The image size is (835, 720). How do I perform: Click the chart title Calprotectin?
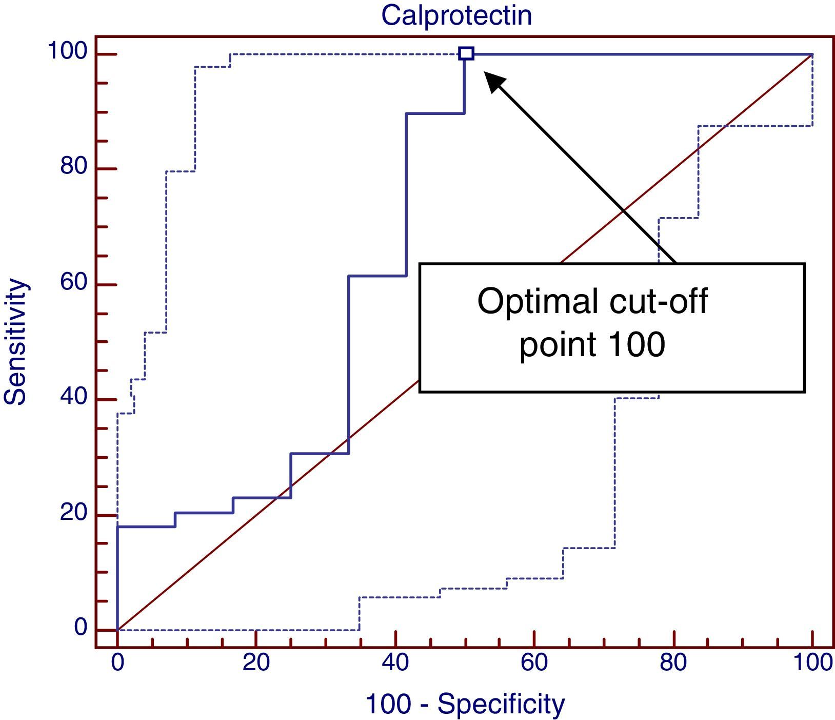point(456,15)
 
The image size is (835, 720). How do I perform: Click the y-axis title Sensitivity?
point(15,342)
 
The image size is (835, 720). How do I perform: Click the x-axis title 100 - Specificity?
point(465,704)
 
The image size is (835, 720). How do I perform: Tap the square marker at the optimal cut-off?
point(466,53)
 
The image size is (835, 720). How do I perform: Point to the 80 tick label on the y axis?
point(74,167)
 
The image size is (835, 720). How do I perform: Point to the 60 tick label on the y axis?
point(74,283)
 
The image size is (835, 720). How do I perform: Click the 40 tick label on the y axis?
point(74,398)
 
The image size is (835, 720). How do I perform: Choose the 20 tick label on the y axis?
point(74,513)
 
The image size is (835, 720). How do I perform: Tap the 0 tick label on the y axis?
point(81,628)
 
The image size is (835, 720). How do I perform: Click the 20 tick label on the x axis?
point(256,663)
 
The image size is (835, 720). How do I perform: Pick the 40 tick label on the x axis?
point(395,663)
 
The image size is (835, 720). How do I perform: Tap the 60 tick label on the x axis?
point(534,663)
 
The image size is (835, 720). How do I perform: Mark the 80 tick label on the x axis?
point(673,663)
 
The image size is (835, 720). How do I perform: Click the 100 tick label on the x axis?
point(812,663)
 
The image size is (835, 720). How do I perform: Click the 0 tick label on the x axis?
point(117,663)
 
